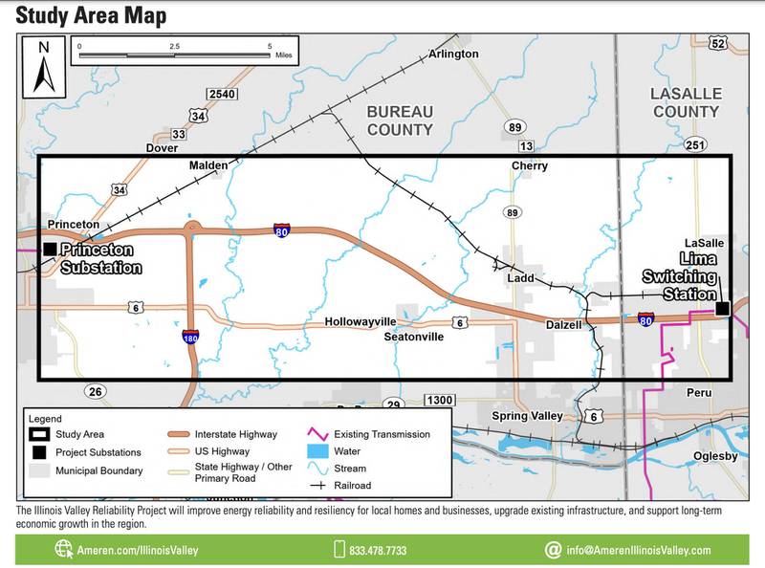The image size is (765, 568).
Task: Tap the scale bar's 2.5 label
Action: (x=175, y=46)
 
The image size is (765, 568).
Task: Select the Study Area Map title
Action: (x=91, y=15)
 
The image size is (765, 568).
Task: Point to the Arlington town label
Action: (x=453, y=54)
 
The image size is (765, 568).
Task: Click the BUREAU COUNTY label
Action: (x=400, y=120)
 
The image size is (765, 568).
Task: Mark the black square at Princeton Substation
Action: (x=49, y=249)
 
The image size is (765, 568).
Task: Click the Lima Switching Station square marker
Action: (x=723, y=308)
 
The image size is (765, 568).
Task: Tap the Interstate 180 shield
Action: (x=191, y=337)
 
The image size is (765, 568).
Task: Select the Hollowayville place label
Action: (x=360, y=322)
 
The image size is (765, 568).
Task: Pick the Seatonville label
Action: (x=413, y=337)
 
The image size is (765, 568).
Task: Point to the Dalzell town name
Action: (x=563, y=325)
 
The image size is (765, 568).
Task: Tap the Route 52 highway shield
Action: (x=718, y=43)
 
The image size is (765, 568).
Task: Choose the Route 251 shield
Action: (x=695, y=144)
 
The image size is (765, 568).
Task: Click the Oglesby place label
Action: (x=715, y=456)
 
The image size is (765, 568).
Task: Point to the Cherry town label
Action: (x=530, y=165)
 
